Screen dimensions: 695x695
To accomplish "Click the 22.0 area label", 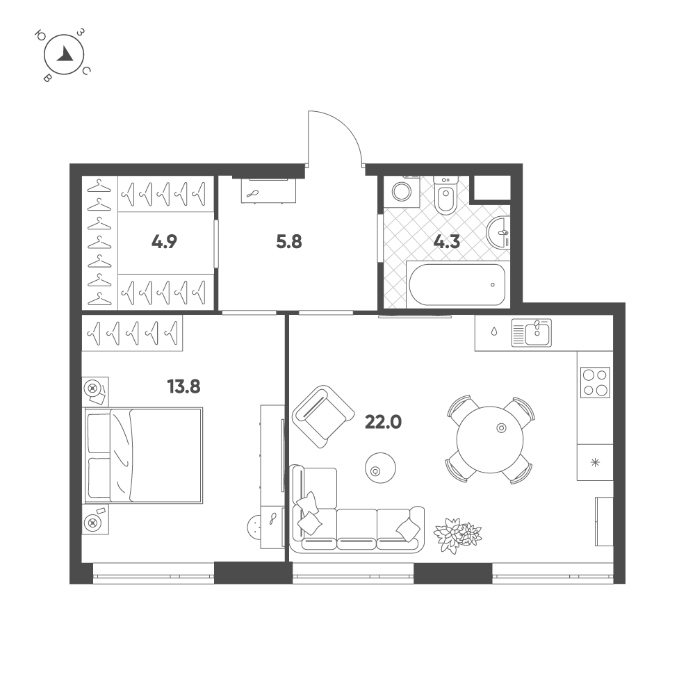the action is coord(383,423).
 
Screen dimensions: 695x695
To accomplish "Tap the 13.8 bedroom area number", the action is coord(183,386).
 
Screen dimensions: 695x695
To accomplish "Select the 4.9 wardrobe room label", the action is coord(164,242).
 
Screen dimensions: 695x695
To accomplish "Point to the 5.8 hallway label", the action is coord(289,242).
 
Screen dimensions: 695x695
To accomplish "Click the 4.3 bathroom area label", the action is coord(446,242).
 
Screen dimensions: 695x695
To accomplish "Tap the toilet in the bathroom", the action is coord(445,195).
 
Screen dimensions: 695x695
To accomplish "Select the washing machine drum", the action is coord(402,193).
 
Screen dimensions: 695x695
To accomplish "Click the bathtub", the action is coord(457,284).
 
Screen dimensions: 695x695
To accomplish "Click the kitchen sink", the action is coord(532,332).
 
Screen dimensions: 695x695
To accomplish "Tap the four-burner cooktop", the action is coord(595,382).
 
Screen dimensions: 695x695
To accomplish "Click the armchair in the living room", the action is coord(323,416).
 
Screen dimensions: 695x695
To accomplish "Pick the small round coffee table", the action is coord(380,468).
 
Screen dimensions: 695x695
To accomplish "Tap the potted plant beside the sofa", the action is coord(457,534).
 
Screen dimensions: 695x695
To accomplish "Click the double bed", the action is coord(144,456).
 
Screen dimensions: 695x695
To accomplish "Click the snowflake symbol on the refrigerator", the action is coord(595,462).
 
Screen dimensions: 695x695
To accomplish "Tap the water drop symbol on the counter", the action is coord(494,332).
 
